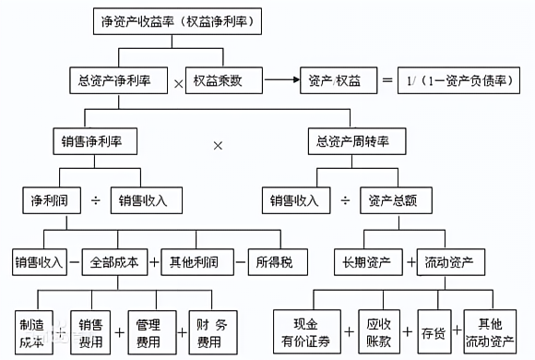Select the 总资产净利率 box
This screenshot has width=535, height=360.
(116, 80)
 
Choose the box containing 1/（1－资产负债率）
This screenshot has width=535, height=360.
(458, 80)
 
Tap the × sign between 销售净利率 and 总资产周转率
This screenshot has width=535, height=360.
(219, 145)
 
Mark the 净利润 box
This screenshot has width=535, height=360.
(50, 199)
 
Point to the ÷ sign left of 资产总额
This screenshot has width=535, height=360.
(345, 200)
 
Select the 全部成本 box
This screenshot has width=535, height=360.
(115, 262)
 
